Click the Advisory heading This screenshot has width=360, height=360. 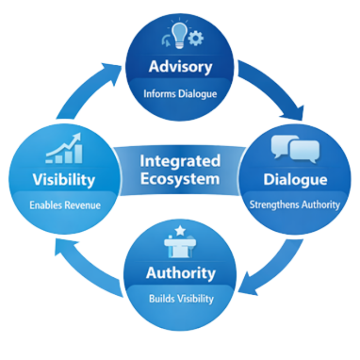click(x=180, y=66)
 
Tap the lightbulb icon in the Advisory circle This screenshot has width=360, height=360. click(x=180, y=34)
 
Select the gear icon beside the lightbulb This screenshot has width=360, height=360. click(x=195, y=38)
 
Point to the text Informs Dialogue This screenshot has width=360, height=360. click(x=180, y=94)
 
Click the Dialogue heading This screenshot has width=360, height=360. click(x=295, y=179)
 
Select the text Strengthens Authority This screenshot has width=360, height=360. click(x=295, y=205)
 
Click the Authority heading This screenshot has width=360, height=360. click(x=181, y=273)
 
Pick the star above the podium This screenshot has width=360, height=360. click(x=180, y=231)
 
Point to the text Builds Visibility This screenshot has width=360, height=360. click(x=181, y=299)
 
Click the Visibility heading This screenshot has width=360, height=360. click(x=64, y=180)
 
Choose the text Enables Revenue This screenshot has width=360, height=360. click(x=65, y=205)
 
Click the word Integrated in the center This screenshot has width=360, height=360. click(x=180, y=161)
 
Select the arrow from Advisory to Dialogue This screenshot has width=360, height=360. click(x=272, y=88)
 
